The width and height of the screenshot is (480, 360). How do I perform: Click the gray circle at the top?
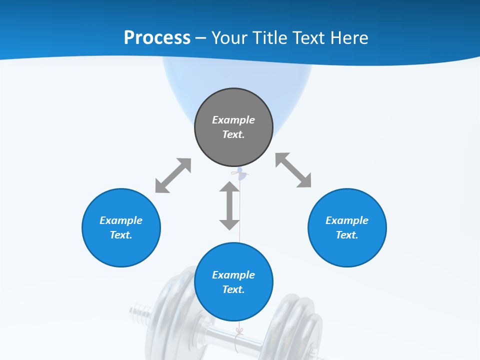pyautogui.click(x=233, y=127)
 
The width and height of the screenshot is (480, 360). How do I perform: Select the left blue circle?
pyautogui.click(x=121, y=227)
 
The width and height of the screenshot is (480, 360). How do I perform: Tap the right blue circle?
pyautogui.click(x=347, y=227)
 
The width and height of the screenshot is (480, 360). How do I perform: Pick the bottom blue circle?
pyautogui.click(x=233, y=282)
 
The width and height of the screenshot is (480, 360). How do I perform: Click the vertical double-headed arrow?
pyautogui.click(x=229, y=205)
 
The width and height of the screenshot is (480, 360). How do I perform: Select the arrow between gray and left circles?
pyautogui.click(x=173, y=175)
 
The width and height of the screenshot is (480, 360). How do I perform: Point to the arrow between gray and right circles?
pyautogui.click(x=293, y=170)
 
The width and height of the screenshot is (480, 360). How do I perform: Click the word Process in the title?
pyautogui.click(x=157, y=38)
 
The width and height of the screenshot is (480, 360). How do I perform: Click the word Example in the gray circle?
pyautogui.click(x=233, y=120)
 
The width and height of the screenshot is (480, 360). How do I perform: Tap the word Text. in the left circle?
pyautogui.click(x=121, y=235)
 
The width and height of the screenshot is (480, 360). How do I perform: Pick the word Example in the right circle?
pyautogui.click(x=347, y=220)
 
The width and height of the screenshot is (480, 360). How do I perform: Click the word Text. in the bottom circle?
pyautogui.click(x=233, y=289)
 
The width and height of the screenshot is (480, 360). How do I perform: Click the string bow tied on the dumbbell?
pyautogui.click(x=239, y=331)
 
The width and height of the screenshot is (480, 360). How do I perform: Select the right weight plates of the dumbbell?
pyautogui.click(x=295, y=325)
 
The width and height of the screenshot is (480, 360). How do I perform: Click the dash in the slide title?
pyautogui.click(x=201, y=38)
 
